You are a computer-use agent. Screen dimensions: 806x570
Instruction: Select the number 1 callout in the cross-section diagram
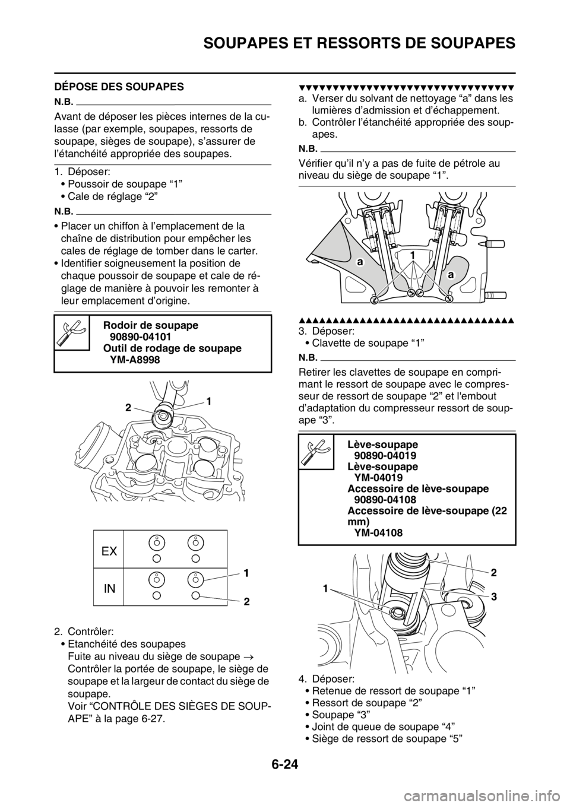(x=411, y=254)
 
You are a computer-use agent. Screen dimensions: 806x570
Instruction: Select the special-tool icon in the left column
(x=71, y=332)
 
